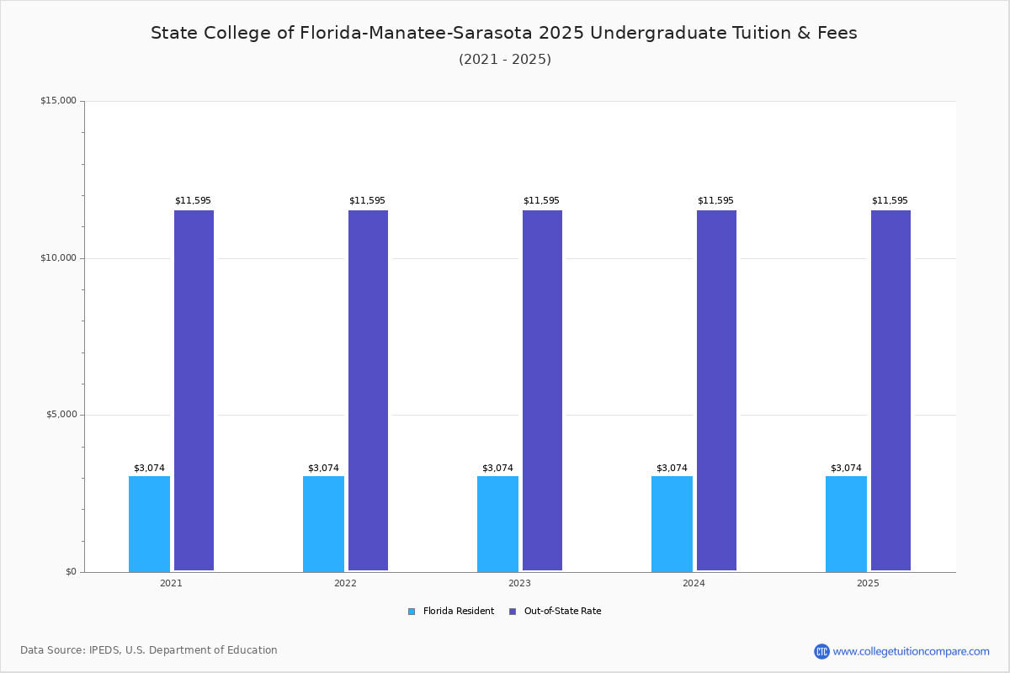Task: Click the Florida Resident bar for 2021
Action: (149, 523)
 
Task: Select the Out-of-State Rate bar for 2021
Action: (194, 390)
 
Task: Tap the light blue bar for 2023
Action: (497, 523)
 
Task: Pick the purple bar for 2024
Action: (716, 390)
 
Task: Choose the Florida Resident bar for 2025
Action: (846, 523)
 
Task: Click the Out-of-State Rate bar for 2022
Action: (368, 390)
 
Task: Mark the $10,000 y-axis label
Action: (58, 258)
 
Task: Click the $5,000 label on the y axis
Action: (61, 415)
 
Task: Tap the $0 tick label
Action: (71, 572)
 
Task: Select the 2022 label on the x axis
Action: (345, 583)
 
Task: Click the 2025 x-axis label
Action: (868, 583)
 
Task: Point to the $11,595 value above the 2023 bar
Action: (541, 201)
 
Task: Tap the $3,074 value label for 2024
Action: (672, 469)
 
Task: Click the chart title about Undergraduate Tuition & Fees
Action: (504, 33)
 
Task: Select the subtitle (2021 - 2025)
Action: (505, 60)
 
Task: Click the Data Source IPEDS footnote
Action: (149, 650)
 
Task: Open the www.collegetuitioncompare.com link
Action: (911, 651)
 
